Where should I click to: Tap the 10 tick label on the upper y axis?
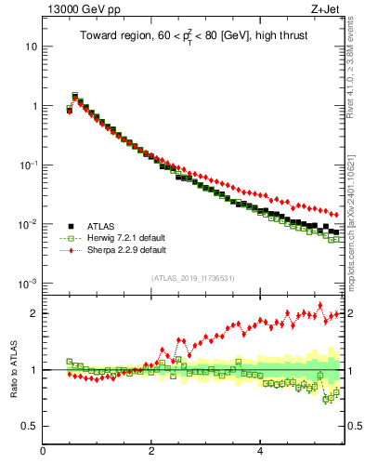(28, 46)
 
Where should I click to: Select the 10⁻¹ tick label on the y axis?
(25, 165)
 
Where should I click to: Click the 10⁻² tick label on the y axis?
(25, 224)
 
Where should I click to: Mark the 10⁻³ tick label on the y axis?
(25, 284)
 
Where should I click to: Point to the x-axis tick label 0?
(43, 453)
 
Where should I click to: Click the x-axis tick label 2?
(150, 453)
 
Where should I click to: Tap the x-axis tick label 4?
(259, 453)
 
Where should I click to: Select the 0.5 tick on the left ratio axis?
(27, 427)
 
